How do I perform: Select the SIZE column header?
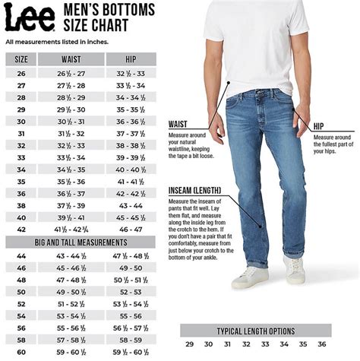click(x=21, y=59)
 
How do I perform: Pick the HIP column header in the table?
click(x=130, y=59)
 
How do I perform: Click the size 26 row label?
click(x=21, y=73)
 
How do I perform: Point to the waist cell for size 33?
click(x=71, y=157)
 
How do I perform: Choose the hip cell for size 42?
click(x=130, y=229)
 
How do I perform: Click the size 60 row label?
click(x=21, y=352)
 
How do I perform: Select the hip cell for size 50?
click(x=130, y=291)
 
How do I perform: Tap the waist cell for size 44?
click(x=71, y=256)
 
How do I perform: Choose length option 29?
click(x=189, y=344)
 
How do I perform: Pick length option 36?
click(x=321, y=344)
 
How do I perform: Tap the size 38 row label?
click(x=21, y=205)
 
